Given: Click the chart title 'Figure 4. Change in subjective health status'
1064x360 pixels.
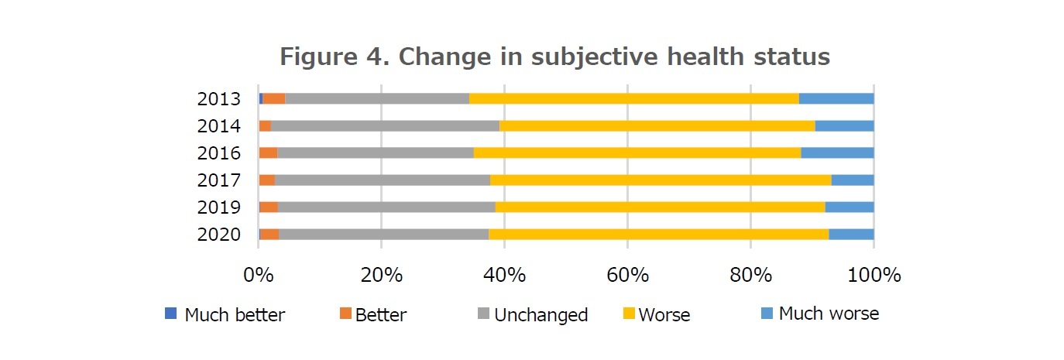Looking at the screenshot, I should pos(554,57).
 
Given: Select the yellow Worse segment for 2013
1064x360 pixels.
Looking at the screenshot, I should pos(633,98).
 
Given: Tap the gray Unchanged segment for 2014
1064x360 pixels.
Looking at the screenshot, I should pos(385,125).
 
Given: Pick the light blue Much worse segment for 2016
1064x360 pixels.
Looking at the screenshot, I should pos(837,153).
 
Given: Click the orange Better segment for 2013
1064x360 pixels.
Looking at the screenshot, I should pos(274,98).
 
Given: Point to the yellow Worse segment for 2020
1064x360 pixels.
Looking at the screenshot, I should pos(658,234).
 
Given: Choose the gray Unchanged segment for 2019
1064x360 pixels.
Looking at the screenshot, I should pos(386,207).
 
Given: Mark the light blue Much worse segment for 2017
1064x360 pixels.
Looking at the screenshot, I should pos(853,180).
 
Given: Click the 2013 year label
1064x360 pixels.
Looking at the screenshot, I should pos(219,99).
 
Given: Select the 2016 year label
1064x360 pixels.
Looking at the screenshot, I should pos(219,153).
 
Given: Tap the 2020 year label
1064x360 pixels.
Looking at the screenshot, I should pos(219,235).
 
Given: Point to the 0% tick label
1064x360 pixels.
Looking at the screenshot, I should pos(258,275).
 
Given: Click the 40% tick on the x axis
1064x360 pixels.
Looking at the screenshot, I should pos(504,275).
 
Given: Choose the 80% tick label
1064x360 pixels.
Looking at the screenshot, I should pos(750,275).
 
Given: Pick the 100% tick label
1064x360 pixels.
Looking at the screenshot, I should pos(874,275).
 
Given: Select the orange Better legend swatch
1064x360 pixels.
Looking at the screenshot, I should pos(345,314).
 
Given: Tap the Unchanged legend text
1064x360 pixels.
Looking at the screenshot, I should pos(541,315).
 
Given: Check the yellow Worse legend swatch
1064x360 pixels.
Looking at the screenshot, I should pos(630,314).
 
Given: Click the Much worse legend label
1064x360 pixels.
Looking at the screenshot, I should pos(829,314).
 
